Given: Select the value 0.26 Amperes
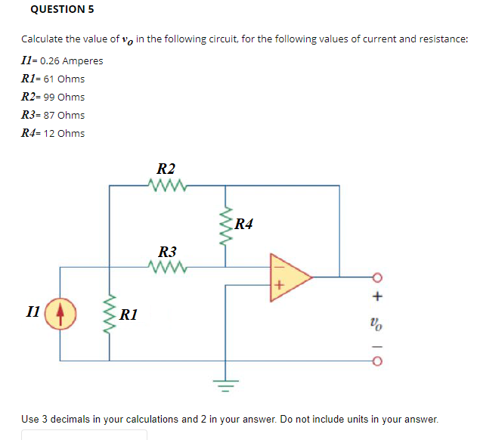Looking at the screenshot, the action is tap(73, 60).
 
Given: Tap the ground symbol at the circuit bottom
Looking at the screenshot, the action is tap(225, 383).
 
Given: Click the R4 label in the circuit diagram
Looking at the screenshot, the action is tap(244, 223).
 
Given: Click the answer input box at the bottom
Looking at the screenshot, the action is tap(83, 435).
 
